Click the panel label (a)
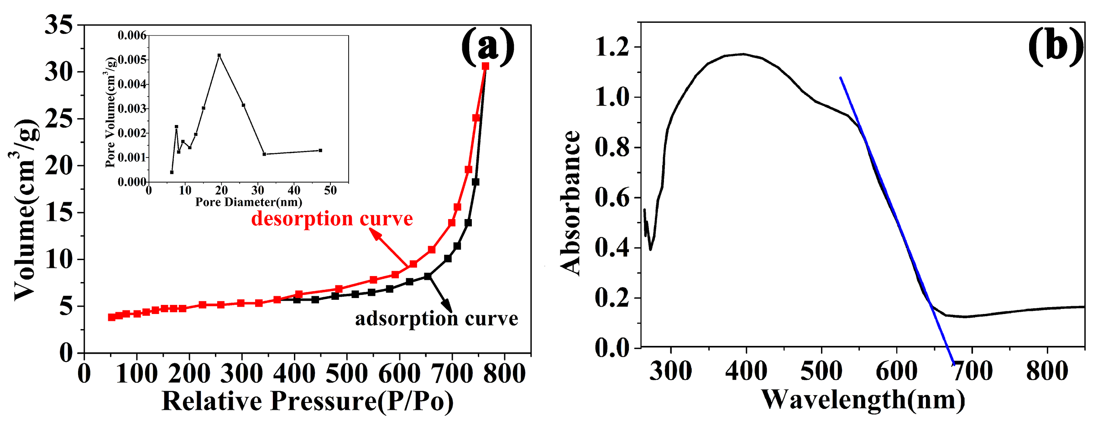pyautogui.click(x=487, y=46)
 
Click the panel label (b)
pyautogui.click(x=1056, y=46)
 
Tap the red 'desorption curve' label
pyautogui.click(x=332, y=219)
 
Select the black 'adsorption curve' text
pyautogui.click(x=437, y=319)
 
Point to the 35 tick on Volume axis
pyautogui.click(x=59, y=25)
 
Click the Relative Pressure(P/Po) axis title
pyautogui.click(x=308, y=401)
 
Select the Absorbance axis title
pyautogui.click(x=570, y=203)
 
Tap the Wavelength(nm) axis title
pyautogui.click(x=863, y=400)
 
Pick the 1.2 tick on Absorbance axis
pyautogui.click(x=612, y=47)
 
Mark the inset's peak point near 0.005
pyautogui.click(x=219, y=55)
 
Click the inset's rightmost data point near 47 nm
pyautogui.click(x=320, y=150)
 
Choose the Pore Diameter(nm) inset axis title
pyautogui.click(x=249, y=202)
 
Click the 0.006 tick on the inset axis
pyautogui.click(x=131, y=36)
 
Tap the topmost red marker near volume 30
pyautogui.click(x=485, y=66)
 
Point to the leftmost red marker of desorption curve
pyautogui.click(x=111, y=317)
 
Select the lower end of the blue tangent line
pyautogui.click(x=953, y=364)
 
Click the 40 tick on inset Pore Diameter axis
pyautogui.click(x=294, y=190)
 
